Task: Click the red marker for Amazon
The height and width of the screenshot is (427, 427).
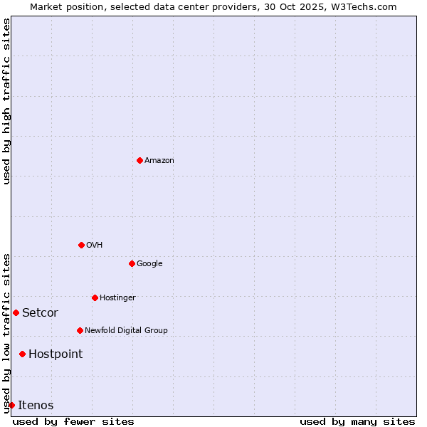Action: [139, 160]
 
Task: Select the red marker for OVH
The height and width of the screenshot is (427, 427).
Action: [81, 245]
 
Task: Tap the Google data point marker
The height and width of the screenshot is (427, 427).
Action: [132, 263]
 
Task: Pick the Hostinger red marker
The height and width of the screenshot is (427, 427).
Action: [95, 297]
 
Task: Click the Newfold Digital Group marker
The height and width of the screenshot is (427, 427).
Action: [80, 330]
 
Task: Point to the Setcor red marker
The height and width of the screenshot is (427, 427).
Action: [16, 312]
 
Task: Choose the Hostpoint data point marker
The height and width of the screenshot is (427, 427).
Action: [22, 354]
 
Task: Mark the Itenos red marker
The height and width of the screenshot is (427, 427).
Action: [11, 405]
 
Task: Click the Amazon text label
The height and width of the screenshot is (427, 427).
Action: [159, 161]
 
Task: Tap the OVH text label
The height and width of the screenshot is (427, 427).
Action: [95, 246]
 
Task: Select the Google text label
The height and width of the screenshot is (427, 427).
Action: [149, 264]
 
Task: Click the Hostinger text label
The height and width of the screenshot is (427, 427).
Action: [117, 298]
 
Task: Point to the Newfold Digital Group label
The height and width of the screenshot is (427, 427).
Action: [126, 331]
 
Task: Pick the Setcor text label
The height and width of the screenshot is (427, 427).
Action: [40, 313]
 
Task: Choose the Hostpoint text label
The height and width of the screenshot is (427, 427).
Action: [56, 354]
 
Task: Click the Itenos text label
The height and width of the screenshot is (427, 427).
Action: [36, 406]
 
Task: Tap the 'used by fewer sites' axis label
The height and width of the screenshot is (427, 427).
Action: [73, 422]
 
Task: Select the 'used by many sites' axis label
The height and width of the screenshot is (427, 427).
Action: [357, 422]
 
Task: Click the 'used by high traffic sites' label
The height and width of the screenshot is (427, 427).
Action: [7, 101]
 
